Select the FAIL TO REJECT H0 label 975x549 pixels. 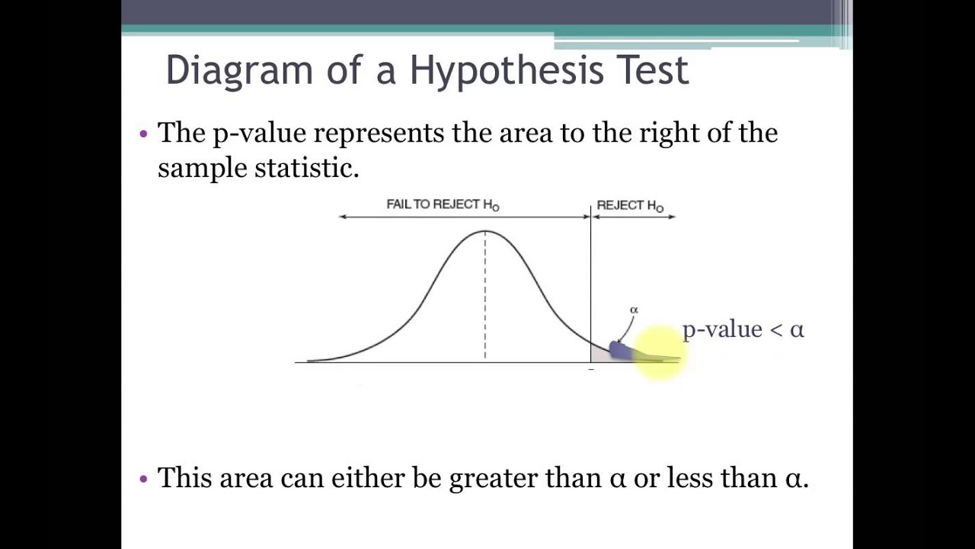[443, 204]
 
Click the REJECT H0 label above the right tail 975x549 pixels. [630, 205]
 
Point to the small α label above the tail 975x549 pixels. [634, 310]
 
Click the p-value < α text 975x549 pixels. [743, 329]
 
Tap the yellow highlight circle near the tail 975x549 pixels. [658, 352]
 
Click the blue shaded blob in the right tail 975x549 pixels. [619, 350]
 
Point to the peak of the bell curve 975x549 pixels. [485, 231]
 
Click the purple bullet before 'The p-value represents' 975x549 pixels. [144, 134]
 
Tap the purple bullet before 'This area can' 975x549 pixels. [144, 479]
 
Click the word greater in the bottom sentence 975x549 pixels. [494, 478]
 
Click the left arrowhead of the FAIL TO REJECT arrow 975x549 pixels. [342, 217]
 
